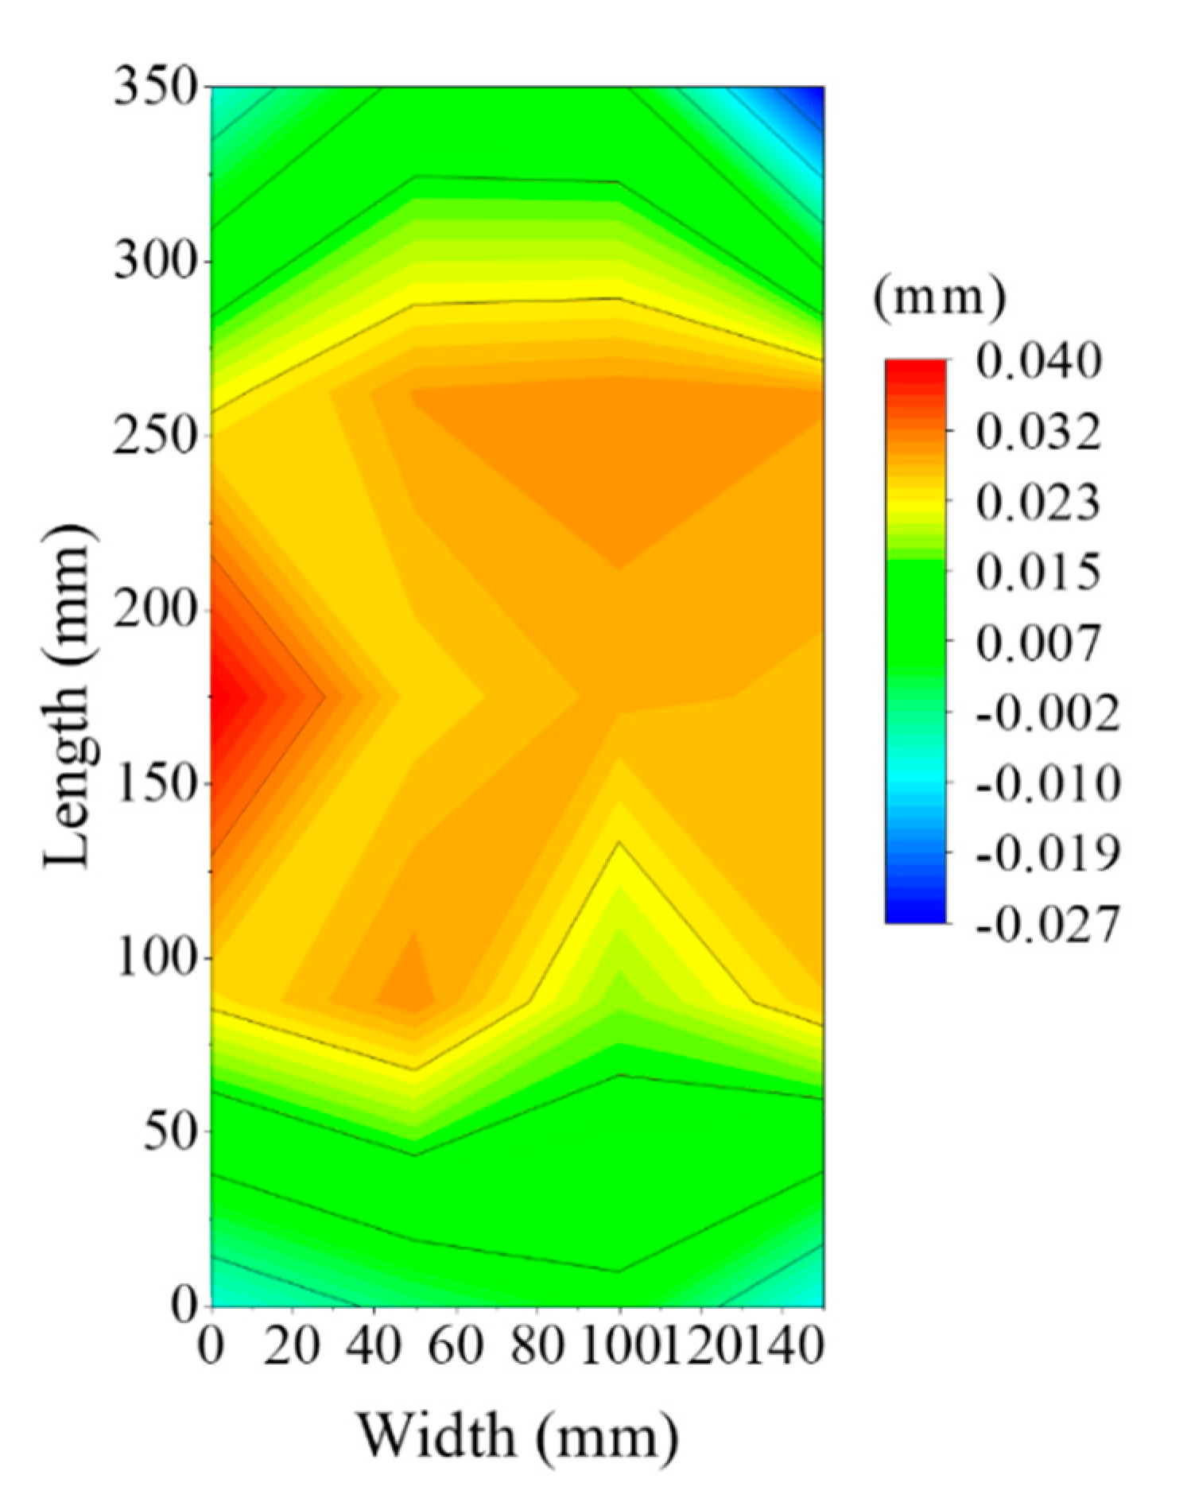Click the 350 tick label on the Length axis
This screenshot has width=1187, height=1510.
tap(154, 87)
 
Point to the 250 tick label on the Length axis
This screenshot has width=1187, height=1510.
tap(154, 436)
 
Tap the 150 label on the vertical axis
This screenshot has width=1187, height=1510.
tap(154, 784)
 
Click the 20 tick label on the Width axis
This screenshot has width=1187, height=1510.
tap(292, 1347)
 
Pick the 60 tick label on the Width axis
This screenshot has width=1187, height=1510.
tap(456, 1347)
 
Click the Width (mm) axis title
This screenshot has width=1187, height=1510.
tap(517, 1436)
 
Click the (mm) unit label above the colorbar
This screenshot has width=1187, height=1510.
tap(939, 298)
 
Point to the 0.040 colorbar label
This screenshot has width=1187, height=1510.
tap(1038, 362)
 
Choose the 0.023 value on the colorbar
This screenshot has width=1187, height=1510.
tap(1038, 503)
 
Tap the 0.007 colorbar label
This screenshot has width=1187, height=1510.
tap(1038, 642)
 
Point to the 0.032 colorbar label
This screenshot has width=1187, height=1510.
tap(1038, 433)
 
